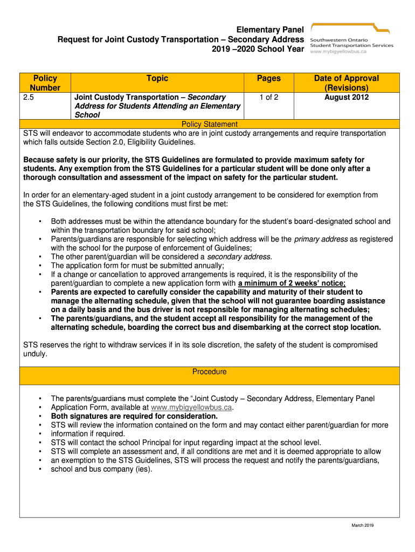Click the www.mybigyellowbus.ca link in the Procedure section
coord(191,408)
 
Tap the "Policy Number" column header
coord(45,83)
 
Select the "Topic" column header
coord(157,79)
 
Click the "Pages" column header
coord(268,79)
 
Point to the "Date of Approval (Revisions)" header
coord(346,83)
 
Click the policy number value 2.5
coord(28,97)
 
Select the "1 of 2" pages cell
coord(268,97)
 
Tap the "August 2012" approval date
coord(346,97)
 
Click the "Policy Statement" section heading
coord(209,125)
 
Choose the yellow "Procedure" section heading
coord(209,372)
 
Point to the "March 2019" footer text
coord(362,526)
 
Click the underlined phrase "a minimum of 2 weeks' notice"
coord(292,283)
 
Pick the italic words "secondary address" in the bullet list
coord(239,257)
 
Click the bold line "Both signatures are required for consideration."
coord(134,416)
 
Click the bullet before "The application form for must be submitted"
coord(40,266)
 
